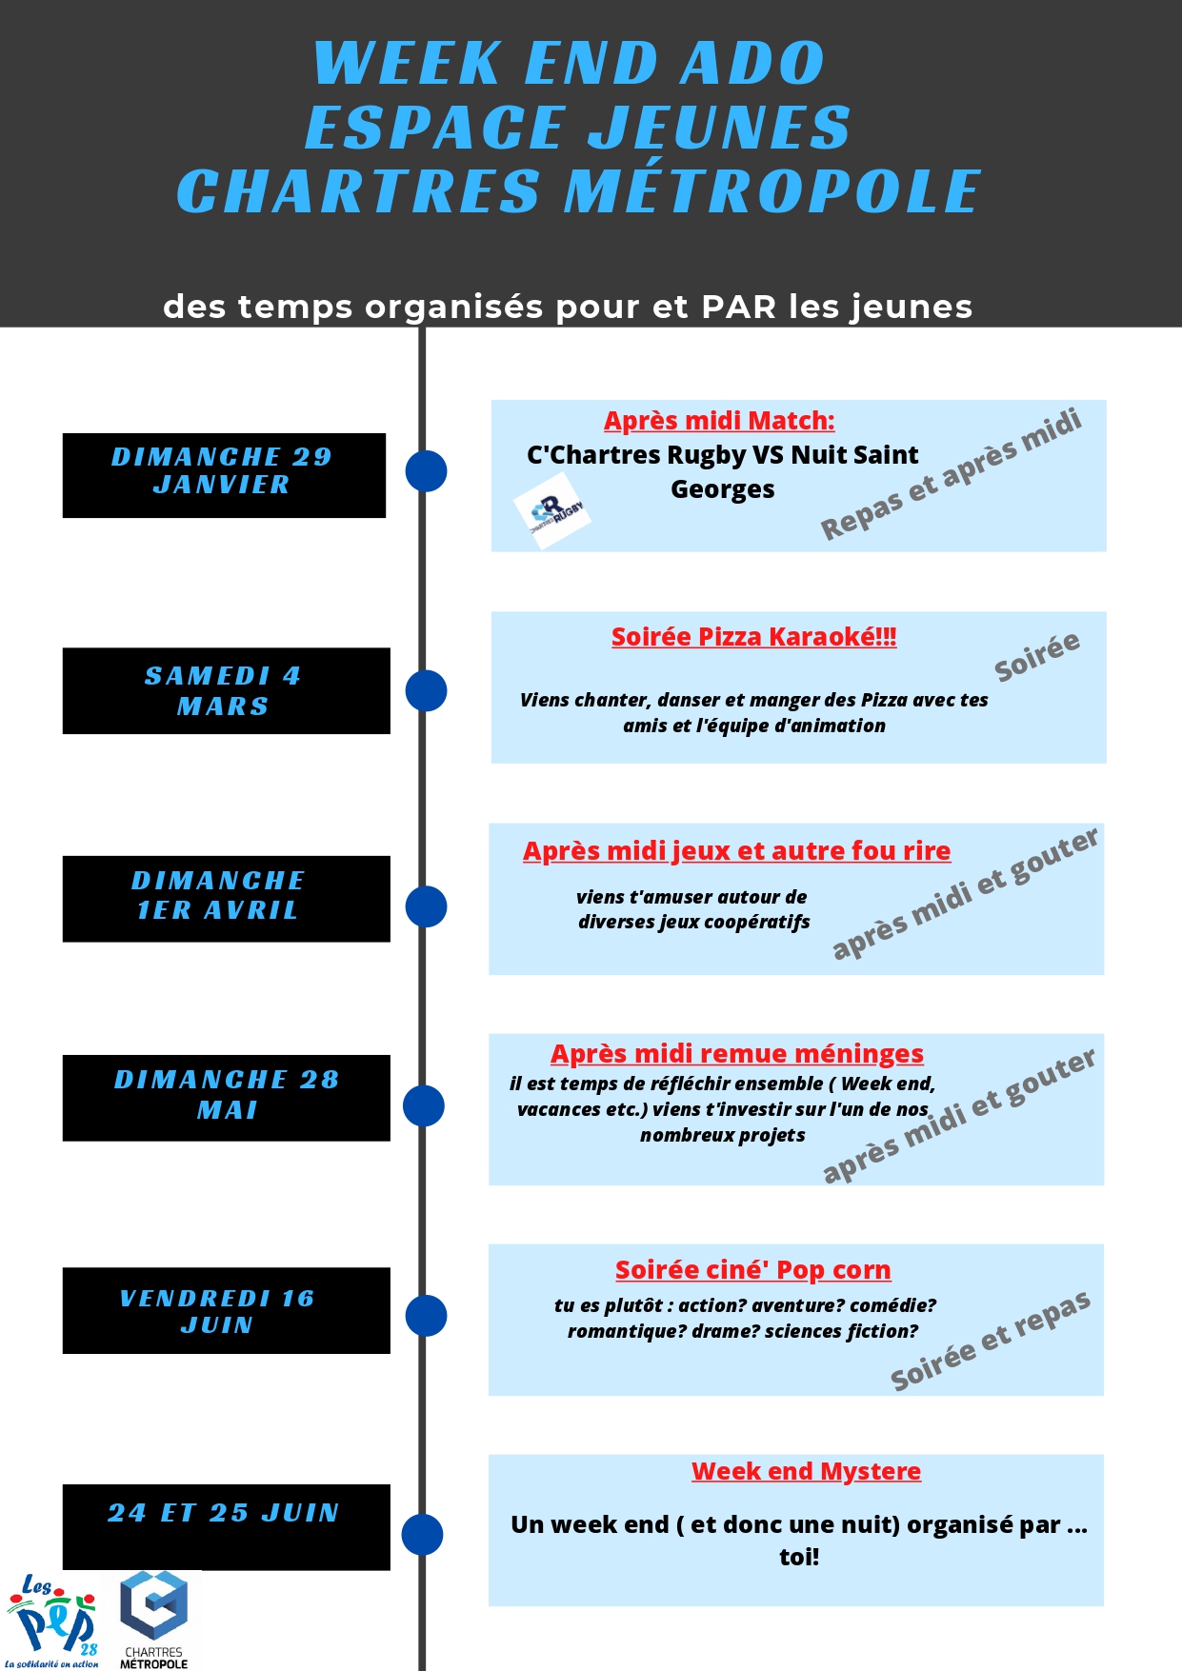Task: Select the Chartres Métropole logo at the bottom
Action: point(154,1619)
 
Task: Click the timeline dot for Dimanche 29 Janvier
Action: point(426,471)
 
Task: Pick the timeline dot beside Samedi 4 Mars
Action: point(426,690)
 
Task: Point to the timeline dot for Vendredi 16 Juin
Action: point(426,1316)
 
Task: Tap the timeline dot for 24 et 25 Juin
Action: point(422,1535)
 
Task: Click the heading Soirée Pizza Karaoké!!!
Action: point(753,637)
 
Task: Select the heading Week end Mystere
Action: point(806,1471)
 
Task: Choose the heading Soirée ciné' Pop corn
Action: point(752,1270)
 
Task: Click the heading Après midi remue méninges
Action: point(736,1054)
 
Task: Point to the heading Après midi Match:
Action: point(719,421)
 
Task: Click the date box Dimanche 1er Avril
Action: point(226,898)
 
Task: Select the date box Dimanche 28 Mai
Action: point(226,1097)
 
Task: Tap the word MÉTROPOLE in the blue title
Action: point(771,191)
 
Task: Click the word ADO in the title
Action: point(752,64)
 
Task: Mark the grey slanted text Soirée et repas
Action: point(990,1341)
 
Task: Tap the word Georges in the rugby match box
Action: point(722,489)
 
